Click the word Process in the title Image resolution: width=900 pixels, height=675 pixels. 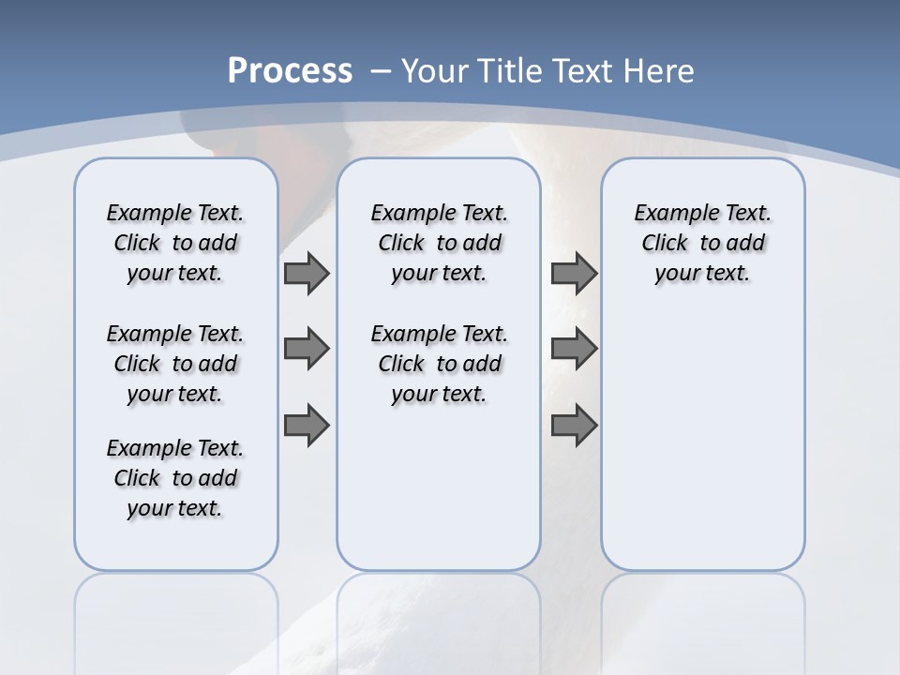290,71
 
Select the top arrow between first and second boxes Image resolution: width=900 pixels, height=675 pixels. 307,273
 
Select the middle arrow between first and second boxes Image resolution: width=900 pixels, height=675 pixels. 307,349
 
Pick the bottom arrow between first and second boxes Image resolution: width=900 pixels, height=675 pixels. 307,426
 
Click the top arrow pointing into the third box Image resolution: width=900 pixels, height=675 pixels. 574,273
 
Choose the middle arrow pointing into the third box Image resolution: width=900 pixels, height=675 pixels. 574,349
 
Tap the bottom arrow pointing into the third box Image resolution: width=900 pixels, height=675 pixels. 574,426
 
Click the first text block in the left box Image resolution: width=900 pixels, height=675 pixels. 175,243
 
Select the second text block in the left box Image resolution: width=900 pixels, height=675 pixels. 175,364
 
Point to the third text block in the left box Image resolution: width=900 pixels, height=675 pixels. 175,478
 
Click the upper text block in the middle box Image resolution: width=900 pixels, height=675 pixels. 439,243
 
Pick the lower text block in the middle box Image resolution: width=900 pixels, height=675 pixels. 439,364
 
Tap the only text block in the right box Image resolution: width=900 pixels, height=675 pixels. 703,243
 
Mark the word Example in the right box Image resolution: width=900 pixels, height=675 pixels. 670,214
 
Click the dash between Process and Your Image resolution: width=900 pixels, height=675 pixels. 381,71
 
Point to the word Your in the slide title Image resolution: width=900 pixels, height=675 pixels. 436,71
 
